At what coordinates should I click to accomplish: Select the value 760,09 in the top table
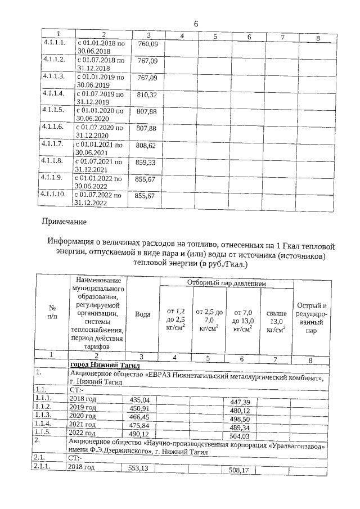tap(147, 44)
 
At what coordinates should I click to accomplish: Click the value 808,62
tap(147, 145)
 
